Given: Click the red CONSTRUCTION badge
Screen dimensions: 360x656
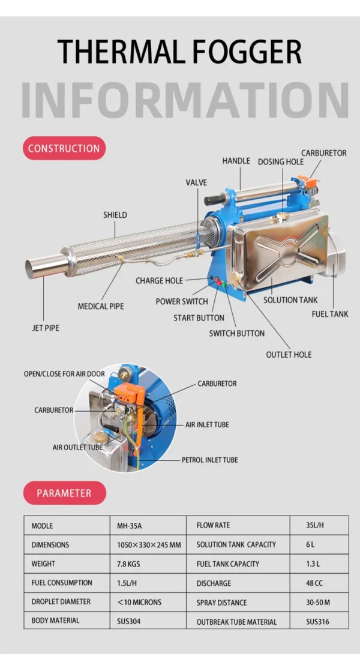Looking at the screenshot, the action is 64,148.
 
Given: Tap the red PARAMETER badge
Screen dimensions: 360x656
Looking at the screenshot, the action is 64,493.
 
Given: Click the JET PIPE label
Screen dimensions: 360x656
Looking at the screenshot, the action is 46,328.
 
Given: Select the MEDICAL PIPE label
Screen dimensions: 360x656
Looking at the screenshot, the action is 101,306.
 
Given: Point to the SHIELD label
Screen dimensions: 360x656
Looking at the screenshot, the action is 115,215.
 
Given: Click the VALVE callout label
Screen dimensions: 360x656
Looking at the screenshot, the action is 196,182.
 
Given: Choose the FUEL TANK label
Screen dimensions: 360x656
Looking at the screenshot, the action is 329,314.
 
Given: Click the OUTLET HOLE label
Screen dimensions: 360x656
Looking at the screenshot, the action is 289,355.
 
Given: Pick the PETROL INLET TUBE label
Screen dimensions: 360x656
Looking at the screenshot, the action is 209,460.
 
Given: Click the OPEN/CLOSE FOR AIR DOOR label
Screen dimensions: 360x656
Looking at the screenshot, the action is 64,374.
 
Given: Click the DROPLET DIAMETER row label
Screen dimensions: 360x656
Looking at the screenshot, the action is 61,602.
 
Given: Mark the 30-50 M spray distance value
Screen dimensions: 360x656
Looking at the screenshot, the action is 318,603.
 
